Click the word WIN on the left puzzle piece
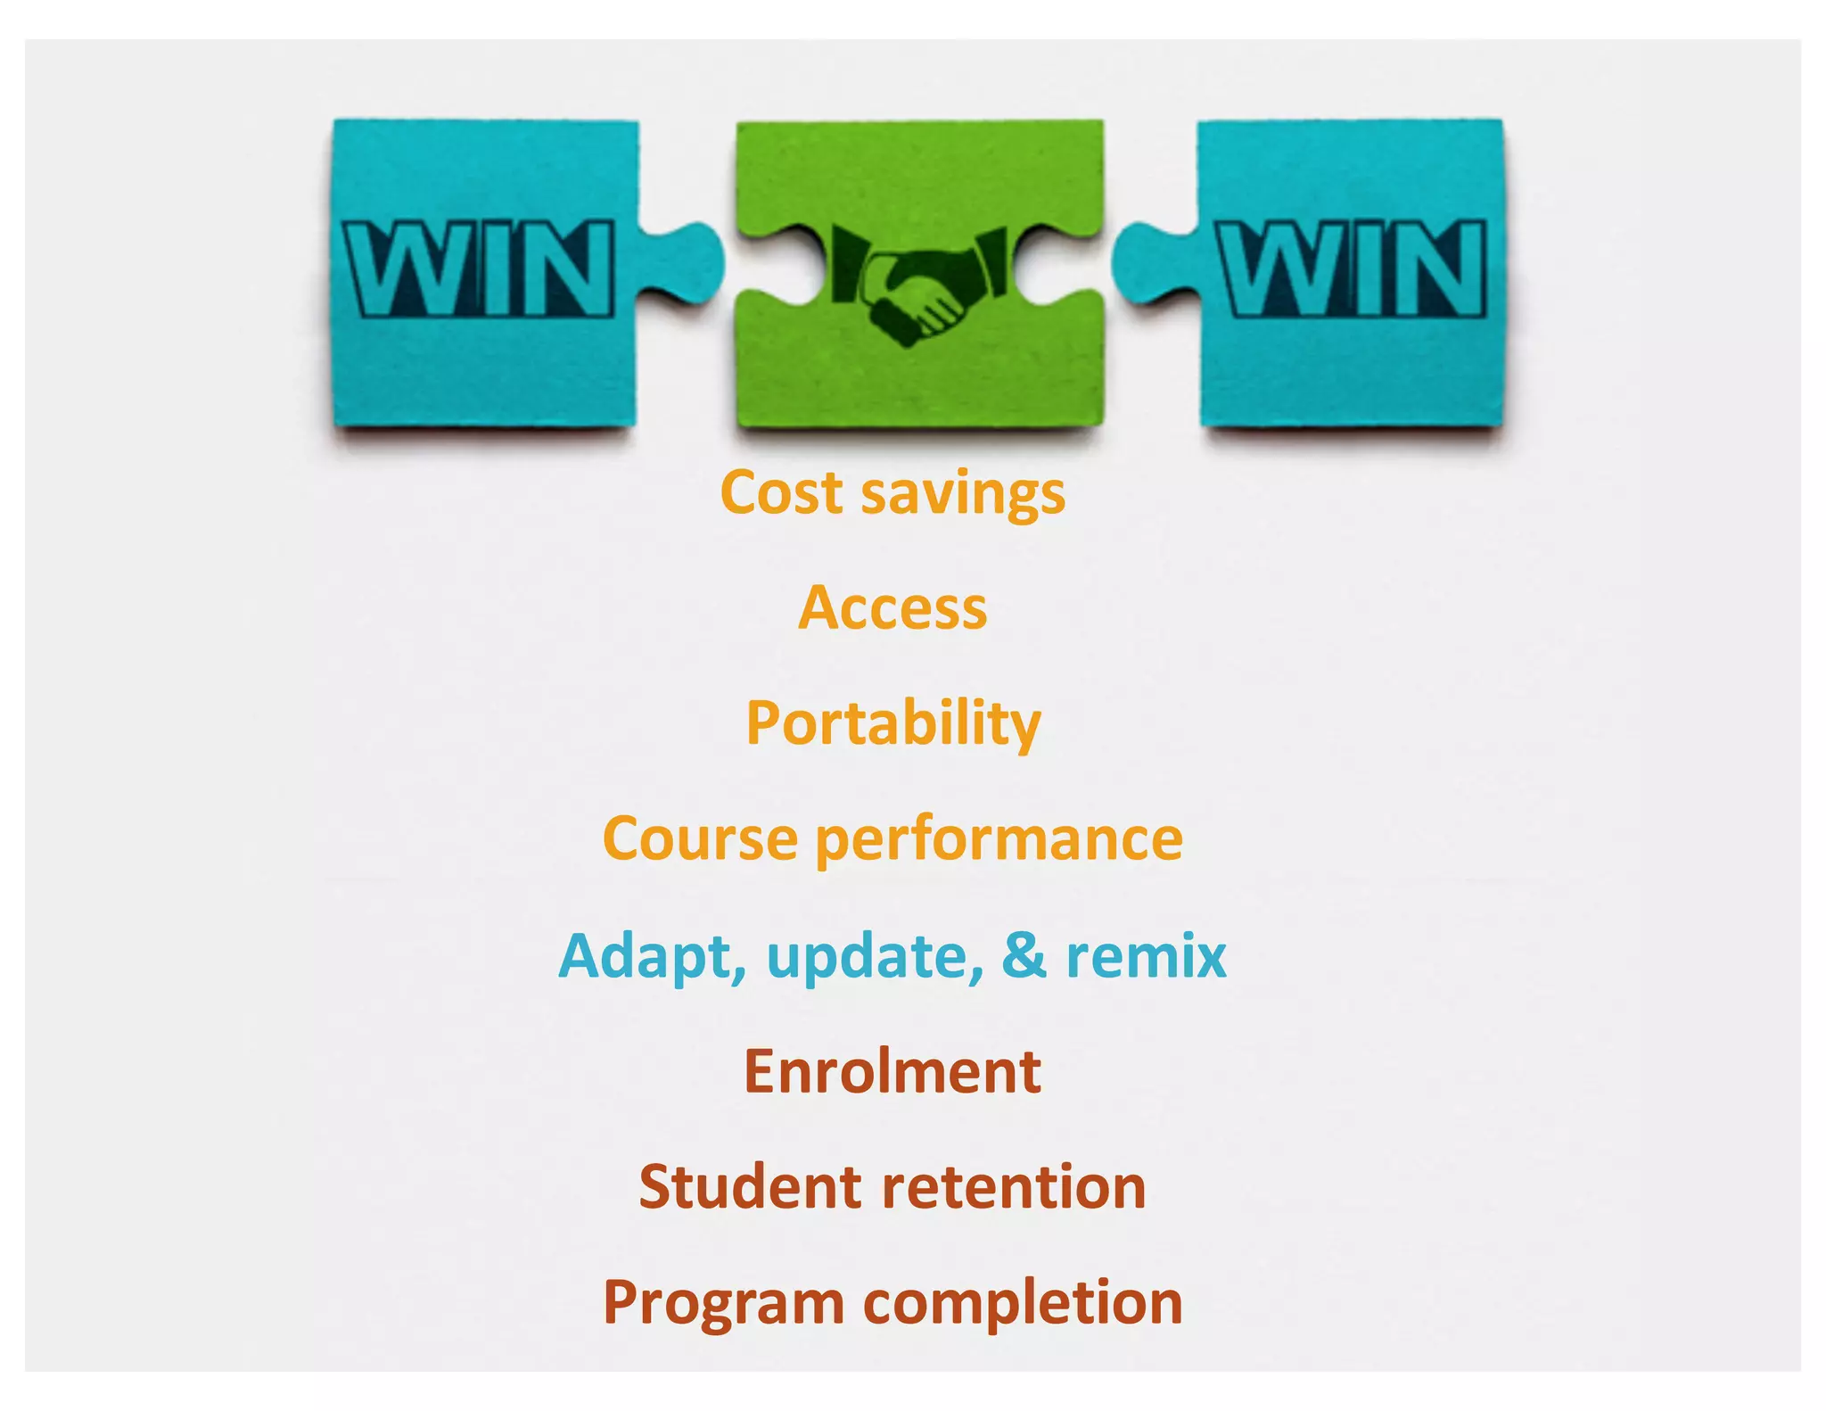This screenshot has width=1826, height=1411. (480, 268)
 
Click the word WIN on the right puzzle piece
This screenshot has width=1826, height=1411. (1352, 268)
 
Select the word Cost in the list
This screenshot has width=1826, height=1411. (781, 492)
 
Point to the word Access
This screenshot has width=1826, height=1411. (892, 608)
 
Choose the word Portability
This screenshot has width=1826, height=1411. (892, 723)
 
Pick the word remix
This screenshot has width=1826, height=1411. (1147, 956)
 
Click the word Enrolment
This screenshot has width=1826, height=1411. (892, 1071)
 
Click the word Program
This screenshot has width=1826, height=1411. (723, 1304)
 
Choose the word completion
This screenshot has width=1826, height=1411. (1023, 1304)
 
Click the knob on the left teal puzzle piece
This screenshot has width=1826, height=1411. (687, 260)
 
